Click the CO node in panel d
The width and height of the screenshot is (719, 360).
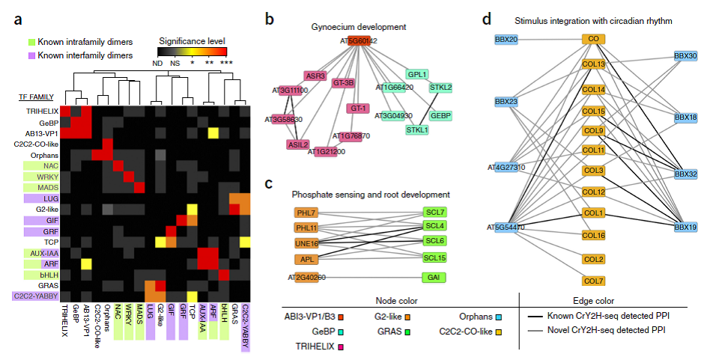coord(594,38)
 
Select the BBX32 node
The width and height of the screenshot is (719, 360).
coord(685,174)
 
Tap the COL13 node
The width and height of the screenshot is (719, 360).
coord(594,64)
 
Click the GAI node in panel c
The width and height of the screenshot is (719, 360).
coord(434,278)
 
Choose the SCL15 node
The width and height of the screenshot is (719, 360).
coord(434,258)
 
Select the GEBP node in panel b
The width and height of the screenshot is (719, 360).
coord(440,116)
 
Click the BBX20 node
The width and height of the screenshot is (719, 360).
coord(506,38)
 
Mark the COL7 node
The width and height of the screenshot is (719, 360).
coord(594,281)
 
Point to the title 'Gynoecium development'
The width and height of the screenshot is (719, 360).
coord(359,27)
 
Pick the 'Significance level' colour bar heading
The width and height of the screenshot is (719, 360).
coord(192,40)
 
